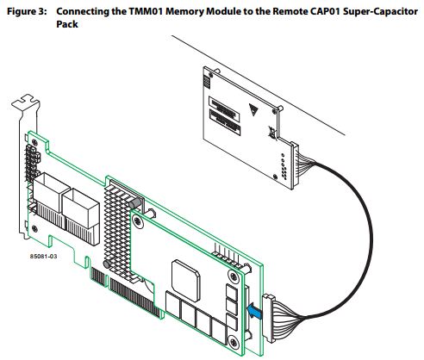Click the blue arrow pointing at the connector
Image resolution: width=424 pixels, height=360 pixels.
click(x=254, y=312)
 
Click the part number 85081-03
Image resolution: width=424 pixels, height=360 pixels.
click(x=44, y=256)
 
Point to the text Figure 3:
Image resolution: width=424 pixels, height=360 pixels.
click(x=27, y=12)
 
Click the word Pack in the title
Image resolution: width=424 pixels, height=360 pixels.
click(x=67, y=24)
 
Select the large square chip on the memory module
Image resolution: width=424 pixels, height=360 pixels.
click(x=186, y=281)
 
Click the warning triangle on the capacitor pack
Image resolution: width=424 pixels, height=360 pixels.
click(x=253, y=109)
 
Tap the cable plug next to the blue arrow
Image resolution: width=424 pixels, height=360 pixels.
click(x=269, y=318)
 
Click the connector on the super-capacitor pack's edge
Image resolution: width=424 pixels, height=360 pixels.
click(x=295, y=165)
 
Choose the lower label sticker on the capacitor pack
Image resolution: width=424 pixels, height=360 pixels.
click(x=225, y=122)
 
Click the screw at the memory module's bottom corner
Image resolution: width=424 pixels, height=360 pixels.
click(x=234, y=343)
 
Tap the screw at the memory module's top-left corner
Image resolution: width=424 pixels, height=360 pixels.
click(x=138, y=221)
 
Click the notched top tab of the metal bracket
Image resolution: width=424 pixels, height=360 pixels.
click(x=25, y=103)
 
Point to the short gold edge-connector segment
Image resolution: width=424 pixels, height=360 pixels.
click(x=97, y=276)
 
